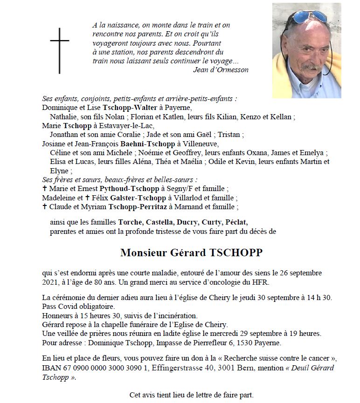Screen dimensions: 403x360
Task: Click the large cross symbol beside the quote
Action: click(x=60, y=50)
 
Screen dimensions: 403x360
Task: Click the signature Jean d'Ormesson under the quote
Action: click(x=221, y=70)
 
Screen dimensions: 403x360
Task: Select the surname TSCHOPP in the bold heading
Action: click(x=237, y=253)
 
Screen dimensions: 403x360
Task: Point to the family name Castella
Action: click(x=160, y=222)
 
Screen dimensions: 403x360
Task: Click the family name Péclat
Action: click(x=236, y=222)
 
